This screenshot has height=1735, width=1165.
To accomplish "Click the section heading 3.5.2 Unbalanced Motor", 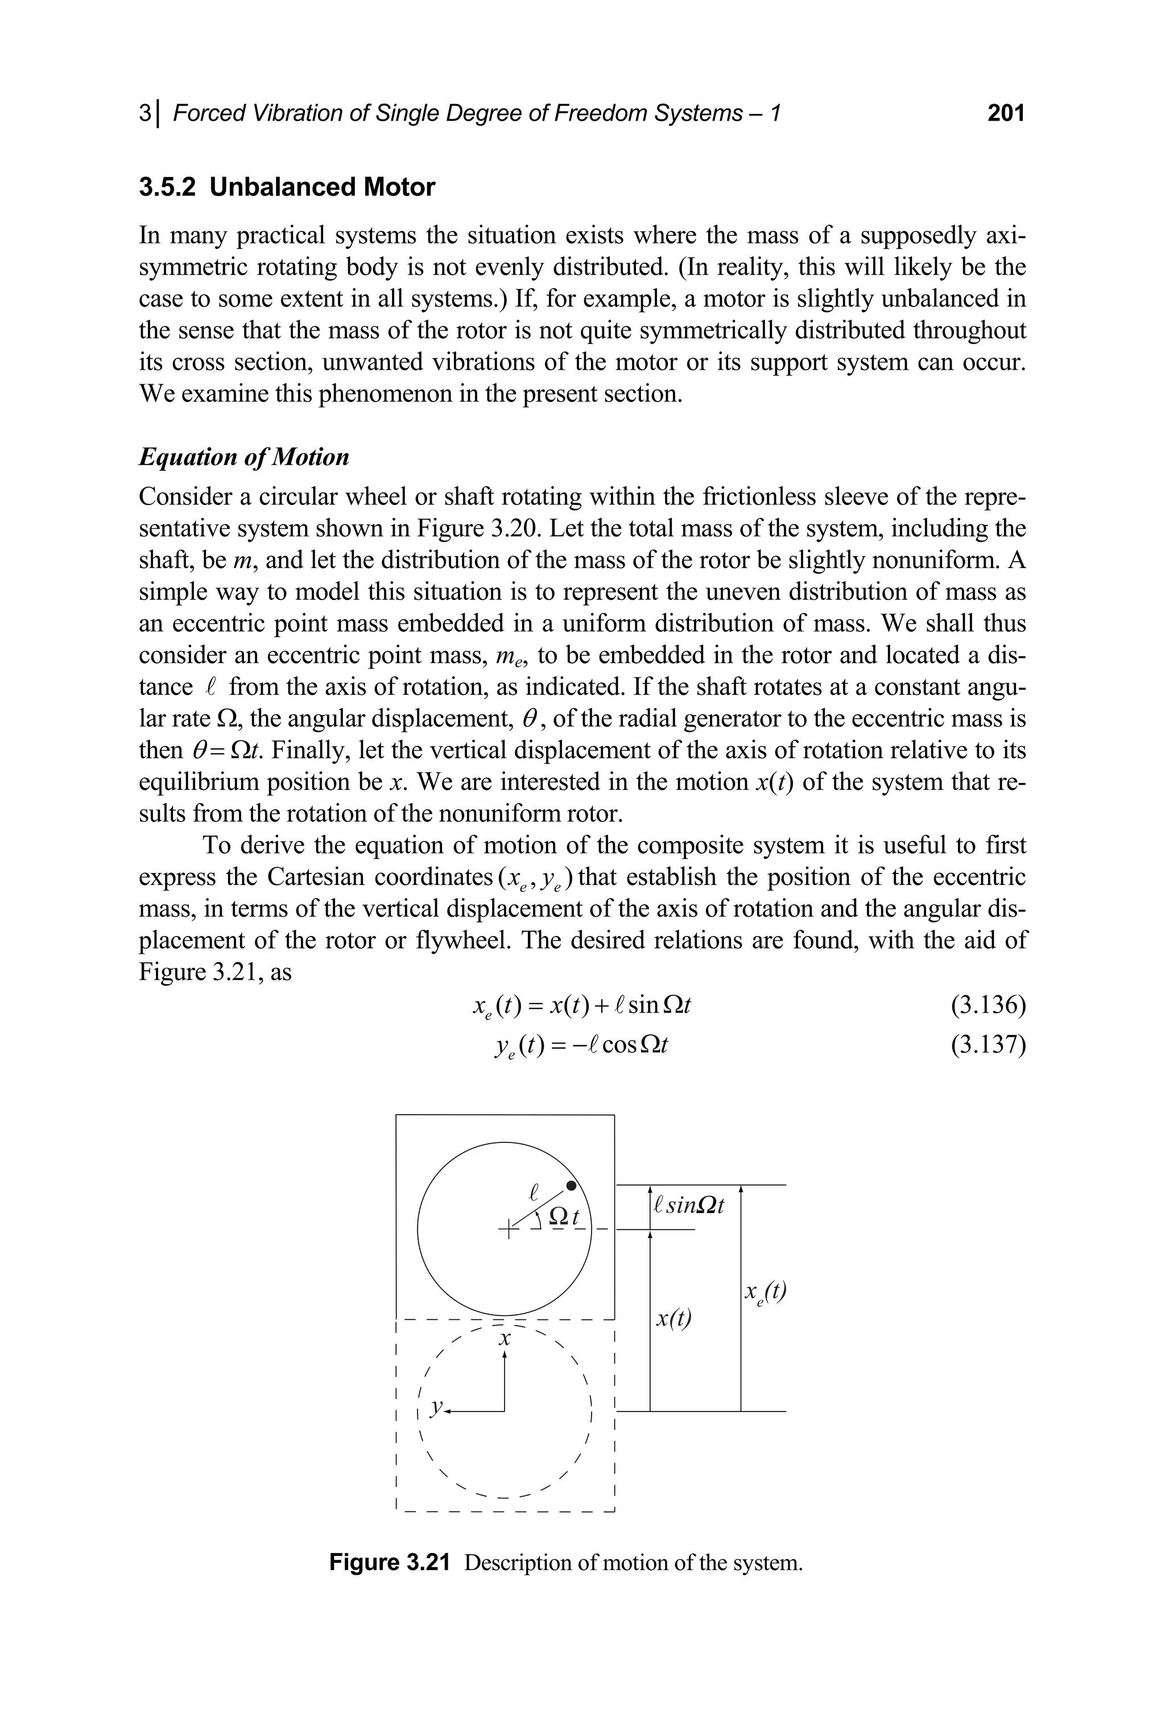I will click(x=287, y=187).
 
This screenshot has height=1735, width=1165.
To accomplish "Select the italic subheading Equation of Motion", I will click(x=243, y=457).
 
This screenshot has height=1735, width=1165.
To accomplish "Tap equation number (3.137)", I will click(x=988, y=1045).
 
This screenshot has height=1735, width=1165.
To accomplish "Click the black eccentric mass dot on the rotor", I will click(x=571, y=1186).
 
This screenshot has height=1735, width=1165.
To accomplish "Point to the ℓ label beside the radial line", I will click(x=532, y=1193).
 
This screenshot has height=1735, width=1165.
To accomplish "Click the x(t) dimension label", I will click(x=673, y=1319).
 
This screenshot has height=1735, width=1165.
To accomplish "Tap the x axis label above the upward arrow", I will click(x=505, y=1339).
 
